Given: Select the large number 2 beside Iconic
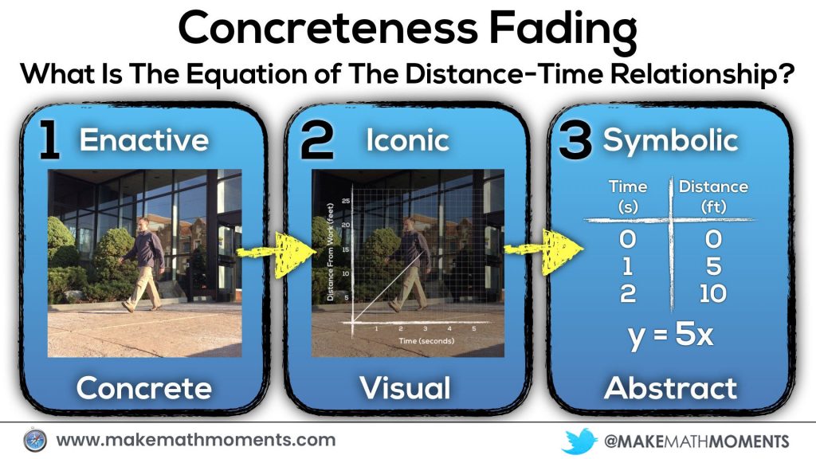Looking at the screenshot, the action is click(317, 141).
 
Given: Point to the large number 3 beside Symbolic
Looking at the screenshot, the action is click(575, 141).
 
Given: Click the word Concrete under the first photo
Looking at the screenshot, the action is click(144, 388).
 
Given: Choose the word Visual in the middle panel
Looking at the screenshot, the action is click(406, 388).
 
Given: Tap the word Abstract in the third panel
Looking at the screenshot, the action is click(671, 388).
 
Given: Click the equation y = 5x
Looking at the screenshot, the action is click(670, 335).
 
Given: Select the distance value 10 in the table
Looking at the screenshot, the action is click(713, 294).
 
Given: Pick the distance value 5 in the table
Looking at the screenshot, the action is click(713, 266).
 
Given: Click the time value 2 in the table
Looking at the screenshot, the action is click(628, 294).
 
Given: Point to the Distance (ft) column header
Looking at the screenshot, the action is click(713, 197).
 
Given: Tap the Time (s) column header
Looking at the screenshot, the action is click(628, 197).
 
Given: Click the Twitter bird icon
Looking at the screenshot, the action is click(579, 441).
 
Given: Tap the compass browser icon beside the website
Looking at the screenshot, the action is click(35, 440).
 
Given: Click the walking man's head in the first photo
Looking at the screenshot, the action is click(143, 224).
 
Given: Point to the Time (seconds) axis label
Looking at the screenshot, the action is click(426, 341).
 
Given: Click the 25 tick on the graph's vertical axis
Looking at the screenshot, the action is click(346, 201).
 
